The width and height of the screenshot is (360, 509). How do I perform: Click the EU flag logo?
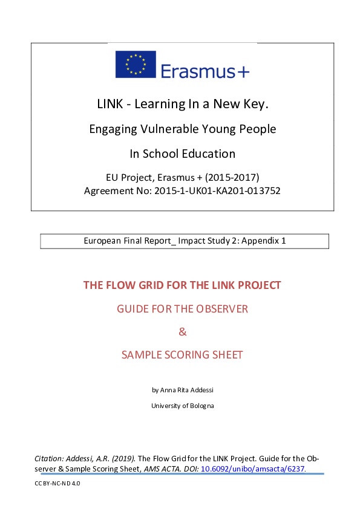point(136,65)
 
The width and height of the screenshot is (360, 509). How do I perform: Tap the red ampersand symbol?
point(182,332)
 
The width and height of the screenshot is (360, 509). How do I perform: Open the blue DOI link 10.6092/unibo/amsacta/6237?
point(253,468)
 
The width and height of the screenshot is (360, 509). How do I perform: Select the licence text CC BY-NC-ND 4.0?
point(57,484)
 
